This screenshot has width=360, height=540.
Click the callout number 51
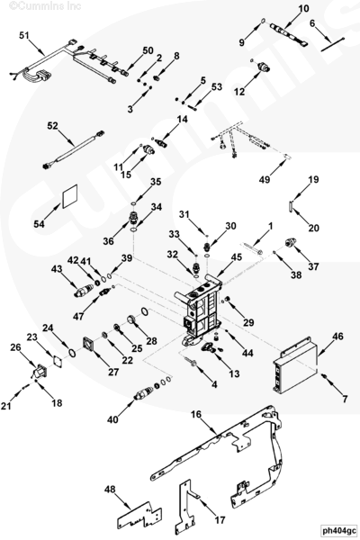[x=24, y=35]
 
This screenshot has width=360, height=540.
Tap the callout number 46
[x=338, y=336]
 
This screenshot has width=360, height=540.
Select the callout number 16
[x=196, y=414]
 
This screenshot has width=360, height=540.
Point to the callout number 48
[x=110, y=489]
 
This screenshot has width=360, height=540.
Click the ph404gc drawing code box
[x=339, y=531]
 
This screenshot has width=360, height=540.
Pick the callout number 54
[x=39, y=224]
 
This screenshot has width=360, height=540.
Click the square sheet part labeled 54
[x=69, y=196]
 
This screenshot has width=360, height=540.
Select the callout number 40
[x=112, y=419]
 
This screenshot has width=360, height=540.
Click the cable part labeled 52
[x=74, y=149]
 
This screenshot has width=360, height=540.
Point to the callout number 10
[x=303, y=8]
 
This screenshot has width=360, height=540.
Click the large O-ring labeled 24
[x=72, y=354]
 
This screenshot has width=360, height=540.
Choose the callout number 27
[x=113, y=372]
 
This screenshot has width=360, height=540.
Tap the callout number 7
[x=345, y=399]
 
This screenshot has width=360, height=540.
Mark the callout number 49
[x=265, y=179]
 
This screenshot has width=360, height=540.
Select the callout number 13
[x=234, y=373]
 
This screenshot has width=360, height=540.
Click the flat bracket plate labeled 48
[x=139, y=517]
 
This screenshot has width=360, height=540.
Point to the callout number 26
[x=15, y=347]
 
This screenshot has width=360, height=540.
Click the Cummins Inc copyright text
[x=45, y=5]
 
